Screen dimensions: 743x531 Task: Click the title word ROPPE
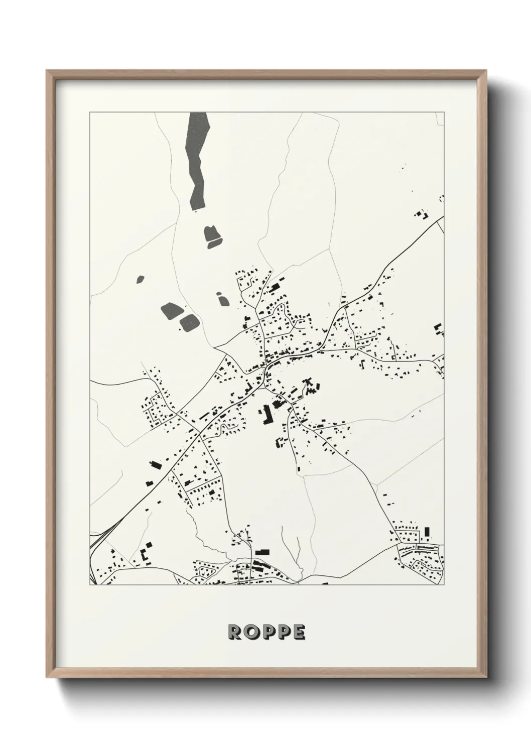coord(266,633)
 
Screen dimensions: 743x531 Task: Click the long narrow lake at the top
coord(196,161)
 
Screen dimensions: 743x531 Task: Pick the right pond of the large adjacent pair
coord(189,323)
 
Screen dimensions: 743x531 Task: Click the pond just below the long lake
coord(213,236)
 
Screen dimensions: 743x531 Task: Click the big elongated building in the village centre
coord(264,415)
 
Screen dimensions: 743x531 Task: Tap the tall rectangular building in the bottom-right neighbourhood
coord(427,532)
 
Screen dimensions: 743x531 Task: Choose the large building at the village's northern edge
coord(275,288)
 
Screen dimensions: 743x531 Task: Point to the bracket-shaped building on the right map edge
coord(439,330)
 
